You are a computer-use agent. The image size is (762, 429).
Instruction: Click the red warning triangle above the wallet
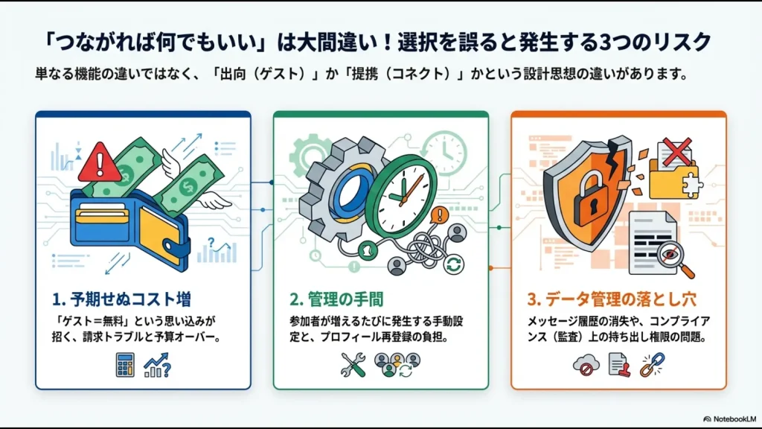coord(99,164)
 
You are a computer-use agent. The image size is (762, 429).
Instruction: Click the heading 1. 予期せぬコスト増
coord(122,299)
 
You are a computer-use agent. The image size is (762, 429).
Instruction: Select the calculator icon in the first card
coord(125,364)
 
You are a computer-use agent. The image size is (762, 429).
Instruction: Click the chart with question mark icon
coord(158,364)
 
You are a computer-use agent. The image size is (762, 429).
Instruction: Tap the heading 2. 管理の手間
coord(336,299)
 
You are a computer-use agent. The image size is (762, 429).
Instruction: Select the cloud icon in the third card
coord(584,364)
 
